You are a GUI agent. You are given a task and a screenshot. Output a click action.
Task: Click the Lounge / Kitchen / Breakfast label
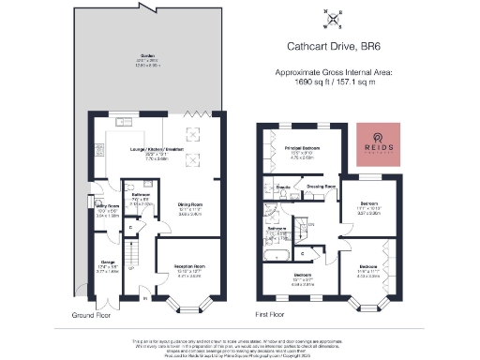coord(157,154)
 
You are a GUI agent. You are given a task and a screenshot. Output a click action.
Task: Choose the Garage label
coord(107,266)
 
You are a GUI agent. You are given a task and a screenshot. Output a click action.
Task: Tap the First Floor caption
coord(271,316)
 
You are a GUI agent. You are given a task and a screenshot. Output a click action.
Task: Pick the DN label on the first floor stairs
coord(310,223)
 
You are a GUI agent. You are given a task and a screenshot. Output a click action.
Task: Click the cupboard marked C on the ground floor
coord(130,227)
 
